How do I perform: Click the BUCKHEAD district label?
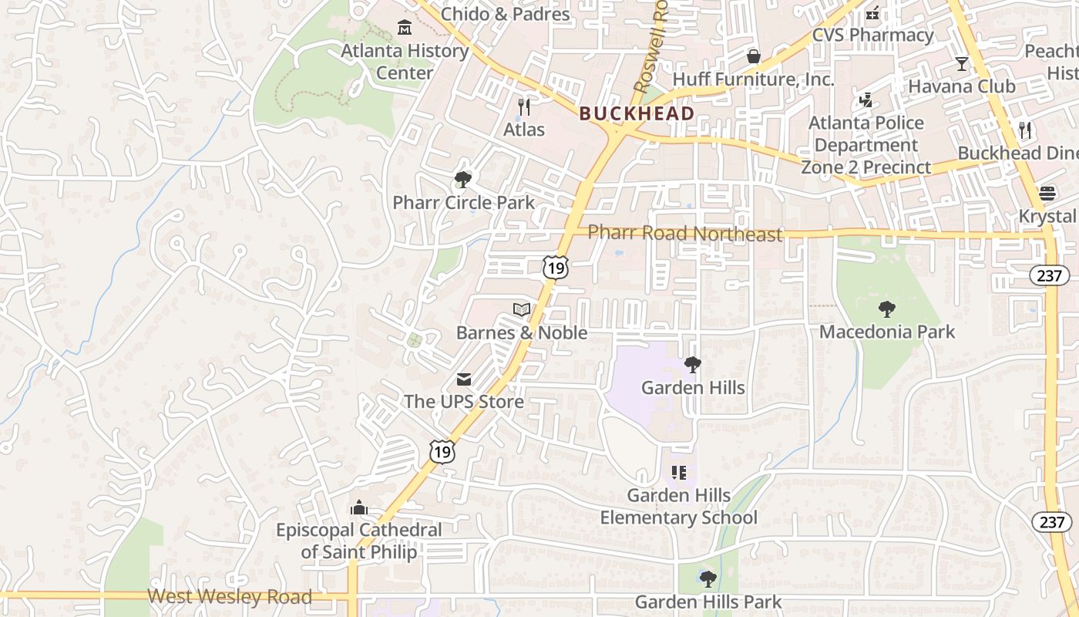pos(637,113)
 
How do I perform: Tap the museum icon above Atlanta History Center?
pos(404,29)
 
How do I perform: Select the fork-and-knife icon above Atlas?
pos(524,106)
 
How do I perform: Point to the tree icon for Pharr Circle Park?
pos(463,180)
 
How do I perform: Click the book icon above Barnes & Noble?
pos(522,310)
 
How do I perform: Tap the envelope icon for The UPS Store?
pos(463,379)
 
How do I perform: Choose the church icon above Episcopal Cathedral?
pos(358,507)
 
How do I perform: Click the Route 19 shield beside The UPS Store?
pos(442,451)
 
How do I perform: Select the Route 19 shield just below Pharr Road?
pos(555,267)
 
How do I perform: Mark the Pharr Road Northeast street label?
pos(685,233)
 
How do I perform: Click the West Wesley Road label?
pos(230,596)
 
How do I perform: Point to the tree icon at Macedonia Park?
pos(887,309)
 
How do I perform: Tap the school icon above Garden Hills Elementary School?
pos(678,472)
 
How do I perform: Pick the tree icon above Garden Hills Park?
pos(708,578)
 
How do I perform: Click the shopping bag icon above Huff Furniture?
pos(754,56)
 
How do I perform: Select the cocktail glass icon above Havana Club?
pos(961,63)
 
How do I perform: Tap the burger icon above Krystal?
pos(1047,194)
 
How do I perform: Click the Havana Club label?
pos(961,86)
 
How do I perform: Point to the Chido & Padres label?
pos(506,14)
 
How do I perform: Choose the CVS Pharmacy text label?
pos(873,35)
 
